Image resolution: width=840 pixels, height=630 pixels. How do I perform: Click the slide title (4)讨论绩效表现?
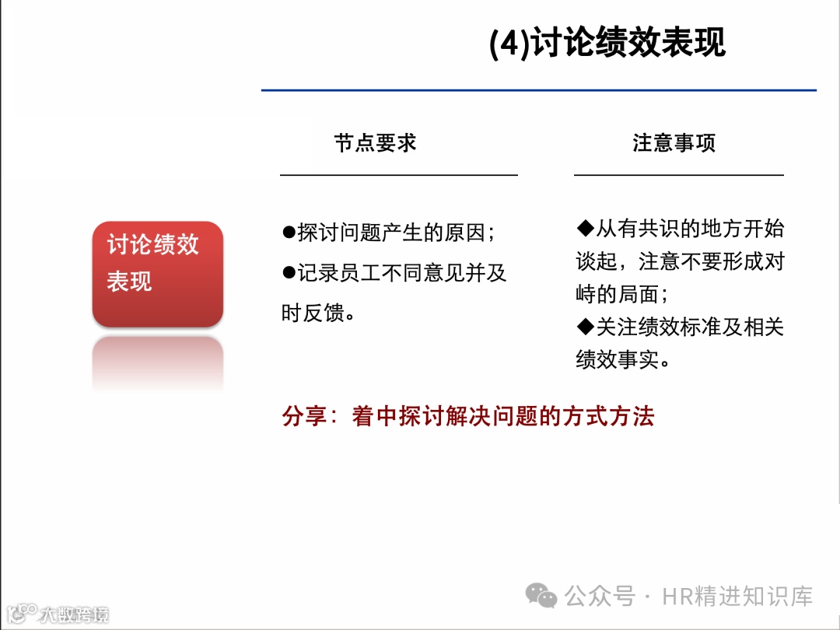(607, 44)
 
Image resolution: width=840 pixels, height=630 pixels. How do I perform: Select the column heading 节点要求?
(376, 143)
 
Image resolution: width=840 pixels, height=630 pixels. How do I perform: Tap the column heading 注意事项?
(674, 143)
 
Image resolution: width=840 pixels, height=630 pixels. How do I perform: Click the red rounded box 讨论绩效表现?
(157, 272)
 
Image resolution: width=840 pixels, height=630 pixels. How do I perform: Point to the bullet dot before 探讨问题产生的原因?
(289, 233)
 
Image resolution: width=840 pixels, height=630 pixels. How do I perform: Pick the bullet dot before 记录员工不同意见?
(289, 272)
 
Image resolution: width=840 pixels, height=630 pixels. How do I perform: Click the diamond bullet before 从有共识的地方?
(584, 228)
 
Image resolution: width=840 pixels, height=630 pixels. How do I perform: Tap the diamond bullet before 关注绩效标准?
(584, 327)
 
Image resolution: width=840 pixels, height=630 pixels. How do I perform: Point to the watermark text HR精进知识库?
(737, 597)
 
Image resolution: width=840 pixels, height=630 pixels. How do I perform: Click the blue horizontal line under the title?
(538, 90)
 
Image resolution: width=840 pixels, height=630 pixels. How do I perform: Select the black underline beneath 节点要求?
(398, 175)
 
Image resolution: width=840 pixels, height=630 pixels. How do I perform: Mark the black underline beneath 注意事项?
(678, 175)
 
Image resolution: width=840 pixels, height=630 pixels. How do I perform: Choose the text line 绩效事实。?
(622, 360)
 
